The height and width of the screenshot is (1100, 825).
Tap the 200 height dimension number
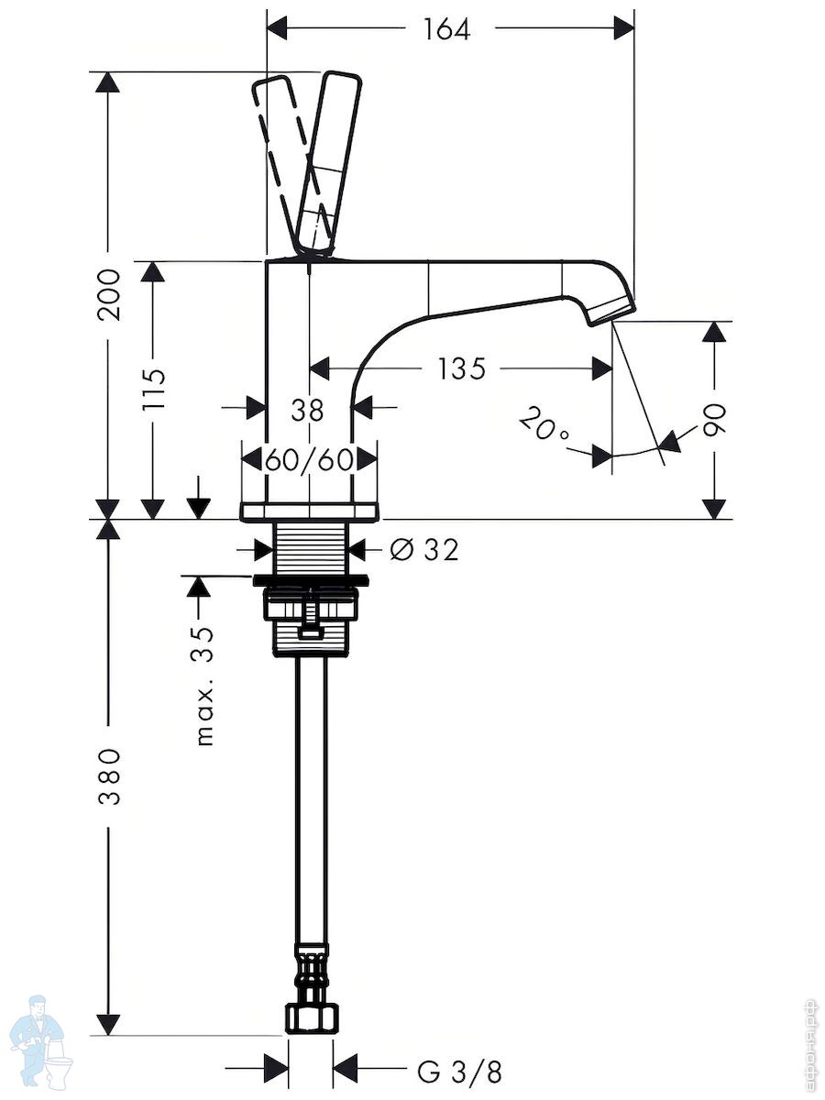click(109, 295)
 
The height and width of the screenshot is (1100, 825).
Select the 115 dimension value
click(153, 390)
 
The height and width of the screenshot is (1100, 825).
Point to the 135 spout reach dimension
click(462, 368)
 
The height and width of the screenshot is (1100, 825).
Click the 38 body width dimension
click(308, 411)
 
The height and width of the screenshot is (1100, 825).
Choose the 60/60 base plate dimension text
click(309, 459)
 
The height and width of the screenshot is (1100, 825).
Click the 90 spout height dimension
click(713, 420)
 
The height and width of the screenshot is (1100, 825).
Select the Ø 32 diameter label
click(423, 550)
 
